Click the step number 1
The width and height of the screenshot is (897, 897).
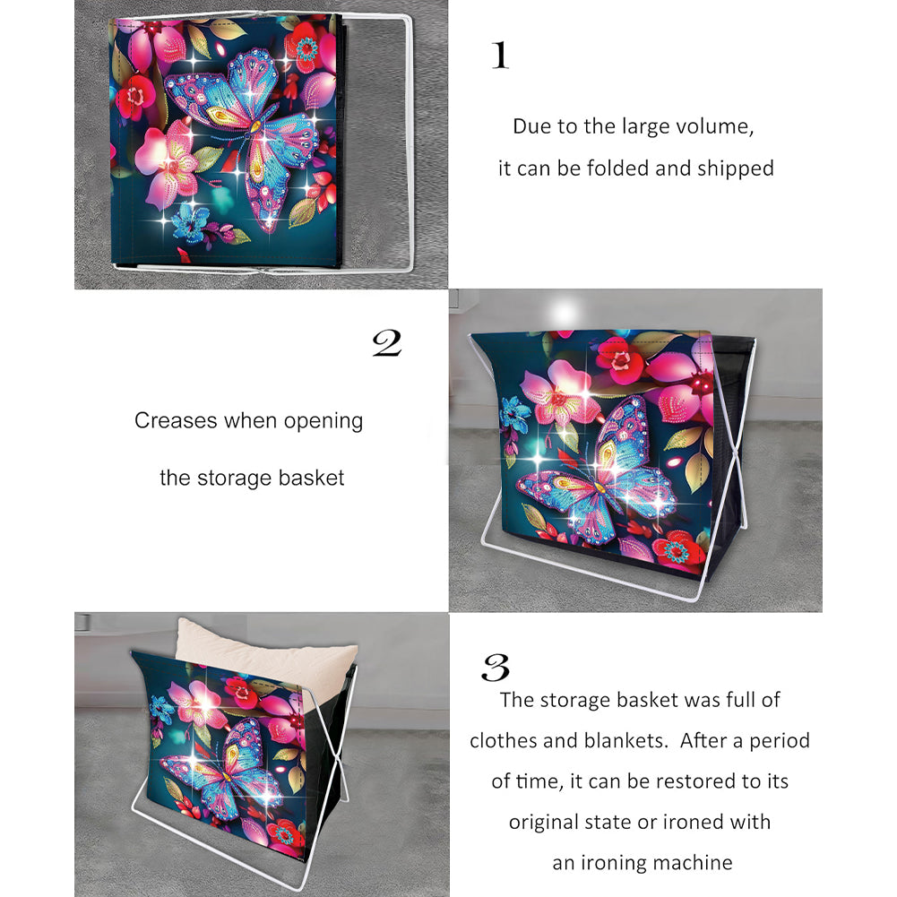click(500, 56)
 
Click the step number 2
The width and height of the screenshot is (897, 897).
click(387, 343)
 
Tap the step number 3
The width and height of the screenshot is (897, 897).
click(496, 667)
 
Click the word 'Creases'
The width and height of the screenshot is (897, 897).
click(177, 420)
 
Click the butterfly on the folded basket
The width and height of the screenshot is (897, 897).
click(243, 137)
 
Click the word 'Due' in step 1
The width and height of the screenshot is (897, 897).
click(526, 126)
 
